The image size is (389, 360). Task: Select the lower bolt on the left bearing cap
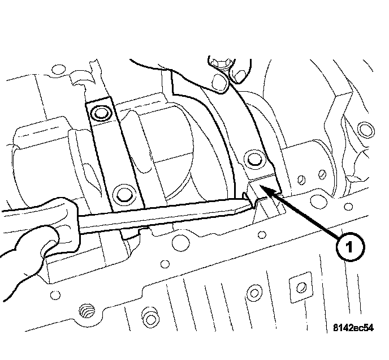122,194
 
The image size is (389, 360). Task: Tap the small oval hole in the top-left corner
56,71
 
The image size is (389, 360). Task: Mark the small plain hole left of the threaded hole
55,295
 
